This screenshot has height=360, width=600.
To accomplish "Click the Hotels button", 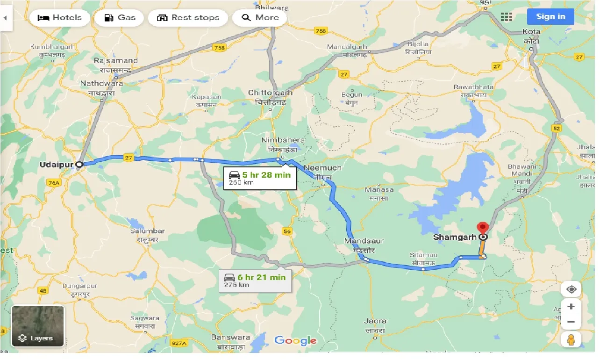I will tap(59, 18).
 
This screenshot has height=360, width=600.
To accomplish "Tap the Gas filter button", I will tap(120, 18).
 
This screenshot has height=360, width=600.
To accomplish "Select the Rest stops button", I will tap(188, 18).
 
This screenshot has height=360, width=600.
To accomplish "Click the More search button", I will tap(260, 18).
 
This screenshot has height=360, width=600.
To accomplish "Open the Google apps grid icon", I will tap(507, 17).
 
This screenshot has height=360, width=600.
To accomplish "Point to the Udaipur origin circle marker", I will tap(79, 165).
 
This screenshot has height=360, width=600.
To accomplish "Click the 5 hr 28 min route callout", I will tap(260, 178).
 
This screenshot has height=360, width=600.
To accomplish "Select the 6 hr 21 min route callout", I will tap(255, 281).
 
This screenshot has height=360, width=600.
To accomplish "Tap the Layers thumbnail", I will tap(38, 326).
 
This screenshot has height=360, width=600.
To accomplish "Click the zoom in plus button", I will tap(571, 307).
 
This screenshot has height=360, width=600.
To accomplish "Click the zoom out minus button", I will tap(571, 322).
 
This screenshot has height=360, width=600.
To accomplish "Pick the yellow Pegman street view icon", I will tap(571, 340).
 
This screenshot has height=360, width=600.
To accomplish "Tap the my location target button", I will tap(571, 289).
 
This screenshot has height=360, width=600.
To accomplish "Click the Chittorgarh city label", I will tap(270, 93).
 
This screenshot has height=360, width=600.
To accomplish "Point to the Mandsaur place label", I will tap(364, 241).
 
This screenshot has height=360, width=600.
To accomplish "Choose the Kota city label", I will tap(531, 32).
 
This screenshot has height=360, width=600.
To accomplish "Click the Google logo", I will tap(295, 340).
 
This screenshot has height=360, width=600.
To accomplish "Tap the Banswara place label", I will tap(228, 337).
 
